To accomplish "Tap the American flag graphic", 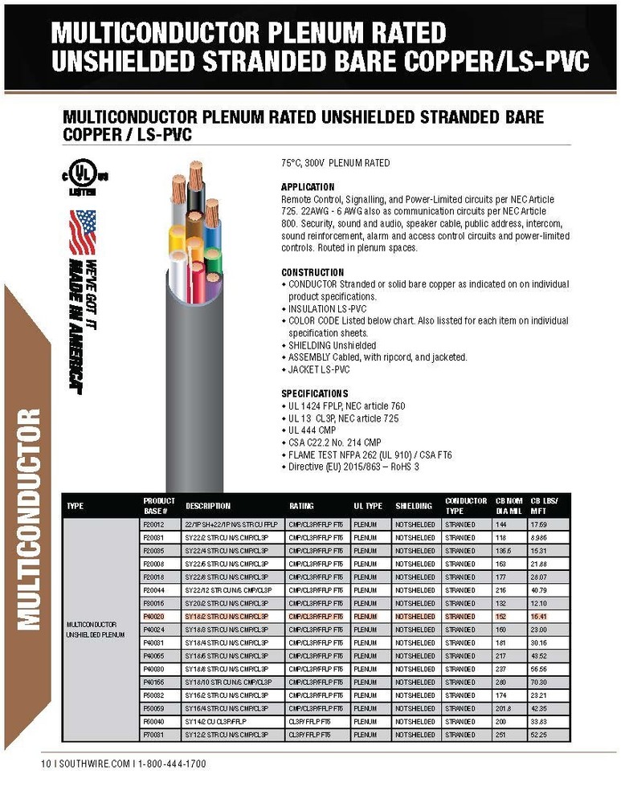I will coord(82,232).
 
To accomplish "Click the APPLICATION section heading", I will coord(308,187).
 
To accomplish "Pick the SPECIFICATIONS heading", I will coord(315,393).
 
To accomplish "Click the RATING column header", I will coord(301,506).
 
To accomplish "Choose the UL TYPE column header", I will coord(368,506).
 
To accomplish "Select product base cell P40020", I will coord(153,617).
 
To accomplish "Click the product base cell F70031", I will coord(153,734).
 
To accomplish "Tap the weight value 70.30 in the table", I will coord(537,682).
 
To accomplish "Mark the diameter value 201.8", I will coord(504,708).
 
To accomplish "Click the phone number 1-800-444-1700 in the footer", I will coord(172,764).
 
